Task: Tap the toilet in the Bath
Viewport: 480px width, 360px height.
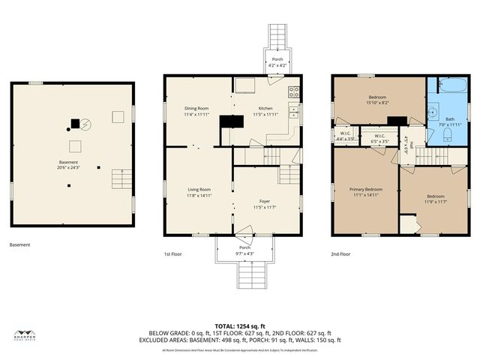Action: point(447,134)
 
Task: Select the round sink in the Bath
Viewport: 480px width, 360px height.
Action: point(433,112)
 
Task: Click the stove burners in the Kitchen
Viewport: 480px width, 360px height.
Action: point(294,94)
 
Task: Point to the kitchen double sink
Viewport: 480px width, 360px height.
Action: point(294,112)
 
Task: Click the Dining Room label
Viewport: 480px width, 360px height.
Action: point(196,108)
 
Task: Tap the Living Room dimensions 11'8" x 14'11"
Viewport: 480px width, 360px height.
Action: point(199,195)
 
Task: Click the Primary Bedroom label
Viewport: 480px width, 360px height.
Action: point(365,190)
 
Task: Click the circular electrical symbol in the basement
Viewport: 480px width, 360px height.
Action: point(85,124)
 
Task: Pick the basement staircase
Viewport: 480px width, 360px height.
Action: point(121,180)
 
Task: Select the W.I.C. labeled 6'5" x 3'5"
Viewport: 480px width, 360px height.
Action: point(379,139)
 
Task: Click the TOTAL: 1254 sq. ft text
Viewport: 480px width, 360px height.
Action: point(239,325)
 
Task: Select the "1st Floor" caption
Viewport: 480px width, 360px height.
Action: point(174,254)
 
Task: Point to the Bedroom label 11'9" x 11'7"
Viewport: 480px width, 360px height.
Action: point(435,199)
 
